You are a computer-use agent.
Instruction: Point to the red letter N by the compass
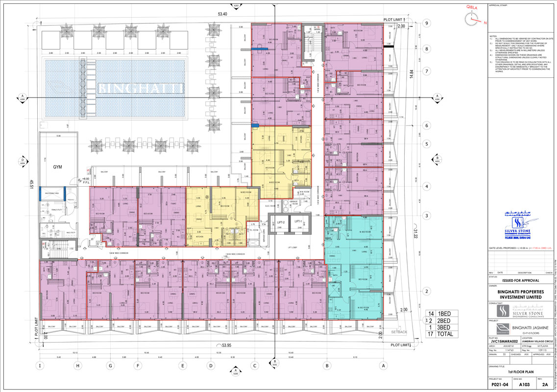(x=485, y=23)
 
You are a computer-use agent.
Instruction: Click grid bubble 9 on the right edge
(x=427, y=23)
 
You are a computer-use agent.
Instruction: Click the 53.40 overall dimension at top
(x=223, y=14)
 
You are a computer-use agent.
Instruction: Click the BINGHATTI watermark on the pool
(x=141, y=88)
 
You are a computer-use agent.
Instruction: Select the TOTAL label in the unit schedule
(x=446, y=335)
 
